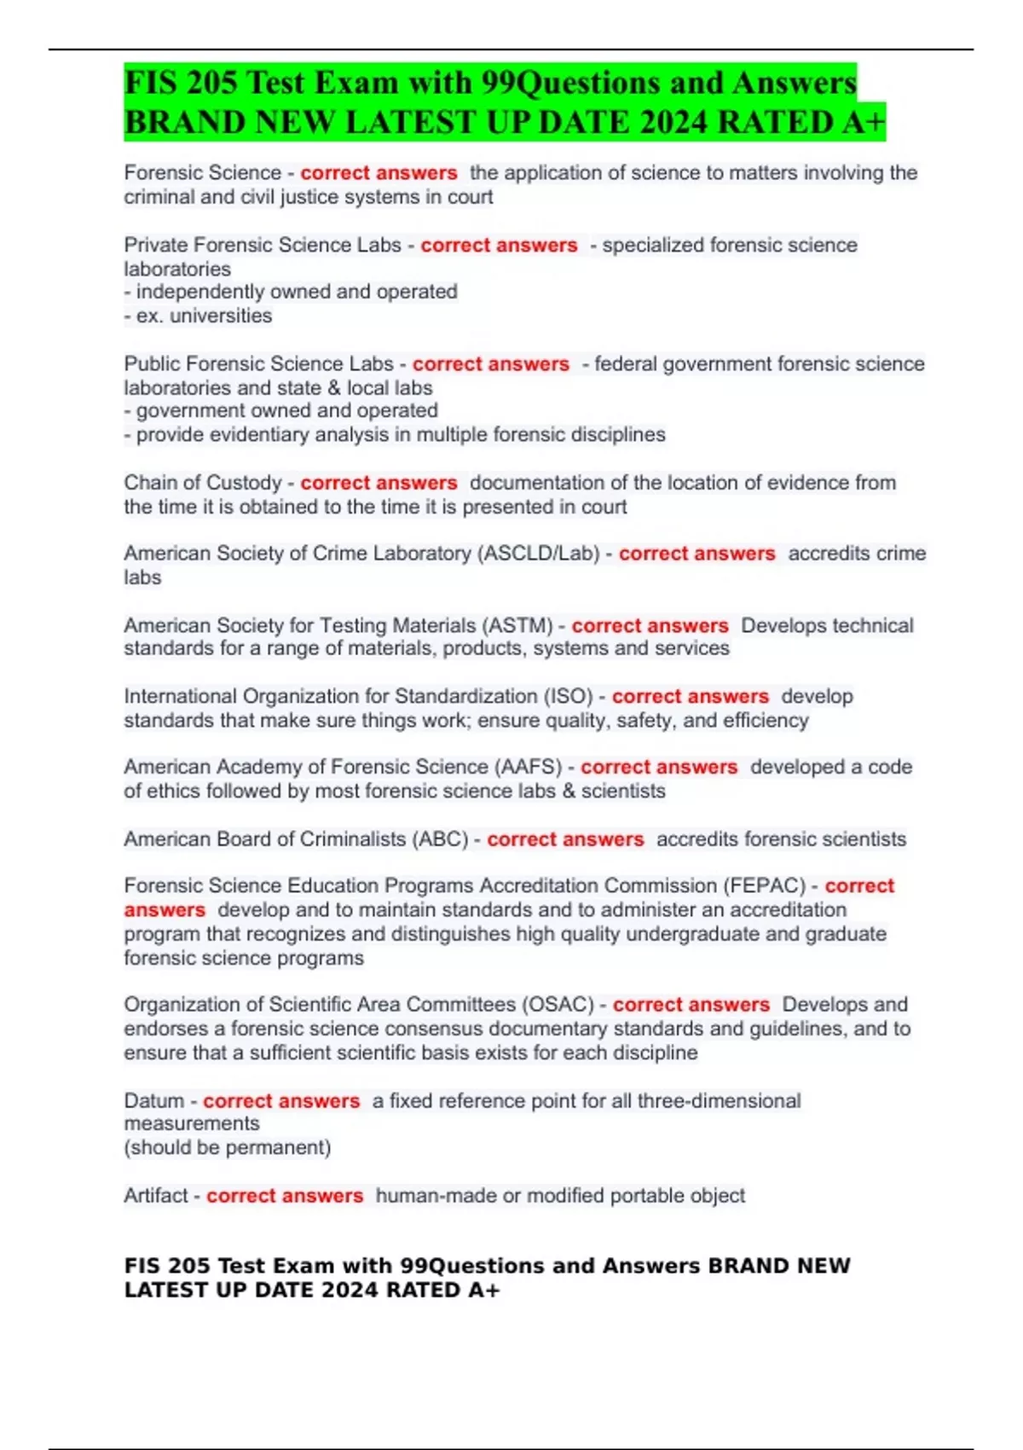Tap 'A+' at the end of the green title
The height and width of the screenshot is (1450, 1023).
pyautogui.click(x=863, y=122)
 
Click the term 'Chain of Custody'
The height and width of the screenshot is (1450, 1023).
pyautogui.click(x=202, y=483)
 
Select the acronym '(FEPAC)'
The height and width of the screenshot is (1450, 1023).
pyautogui.click(x=764, y=885)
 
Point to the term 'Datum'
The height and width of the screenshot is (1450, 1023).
pyautogui.click(x=153, y=1100)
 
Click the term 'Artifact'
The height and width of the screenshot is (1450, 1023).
pyautogui.click(x=155, y=1196)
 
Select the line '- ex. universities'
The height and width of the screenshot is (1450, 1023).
pyautogui.click(x=198, y=316)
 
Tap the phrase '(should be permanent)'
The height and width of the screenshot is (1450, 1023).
pyautogui.click(x=227, y=1148)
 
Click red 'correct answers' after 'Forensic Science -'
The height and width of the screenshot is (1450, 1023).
pyautogui.click(x=379, y=173)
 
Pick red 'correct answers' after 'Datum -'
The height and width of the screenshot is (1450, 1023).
pyautogui.click(x=280, y=1101)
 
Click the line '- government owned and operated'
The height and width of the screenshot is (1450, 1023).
pyautogui.click(x=280, y=411)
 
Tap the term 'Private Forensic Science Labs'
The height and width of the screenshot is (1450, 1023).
pyautogui.click(x=262, y=245)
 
